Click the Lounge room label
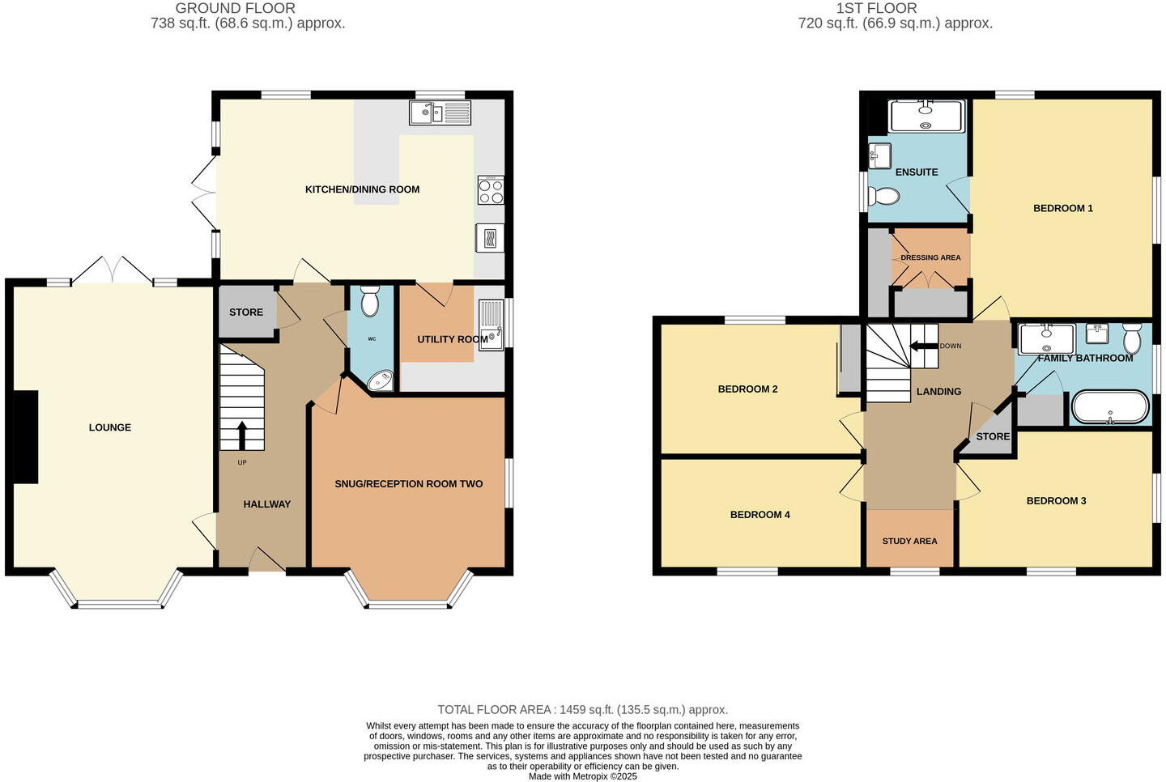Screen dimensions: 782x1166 109,427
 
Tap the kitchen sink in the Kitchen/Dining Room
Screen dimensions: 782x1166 440,113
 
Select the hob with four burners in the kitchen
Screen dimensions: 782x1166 490,190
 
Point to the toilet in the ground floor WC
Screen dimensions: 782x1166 370,301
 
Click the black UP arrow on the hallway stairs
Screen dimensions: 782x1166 241,436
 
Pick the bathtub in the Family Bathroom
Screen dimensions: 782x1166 1109,408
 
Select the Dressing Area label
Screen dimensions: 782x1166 930,257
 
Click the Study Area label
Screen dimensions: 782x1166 909,541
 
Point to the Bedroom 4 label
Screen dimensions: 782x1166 760,515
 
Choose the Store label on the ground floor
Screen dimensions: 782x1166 246,312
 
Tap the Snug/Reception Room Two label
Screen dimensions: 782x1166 408,484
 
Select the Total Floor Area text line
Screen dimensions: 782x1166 582,710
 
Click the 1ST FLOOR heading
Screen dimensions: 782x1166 876,8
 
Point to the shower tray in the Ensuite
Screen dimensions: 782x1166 926,116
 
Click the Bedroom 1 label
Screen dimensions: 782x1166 1062,208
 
